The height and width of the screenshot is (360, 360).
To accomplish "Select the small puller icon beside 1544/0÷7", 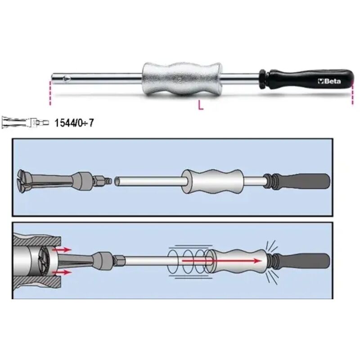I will click(x=24, y=122).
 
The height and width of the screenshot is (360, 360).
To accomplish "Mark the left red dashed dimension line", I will click(x=51, y=92).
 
